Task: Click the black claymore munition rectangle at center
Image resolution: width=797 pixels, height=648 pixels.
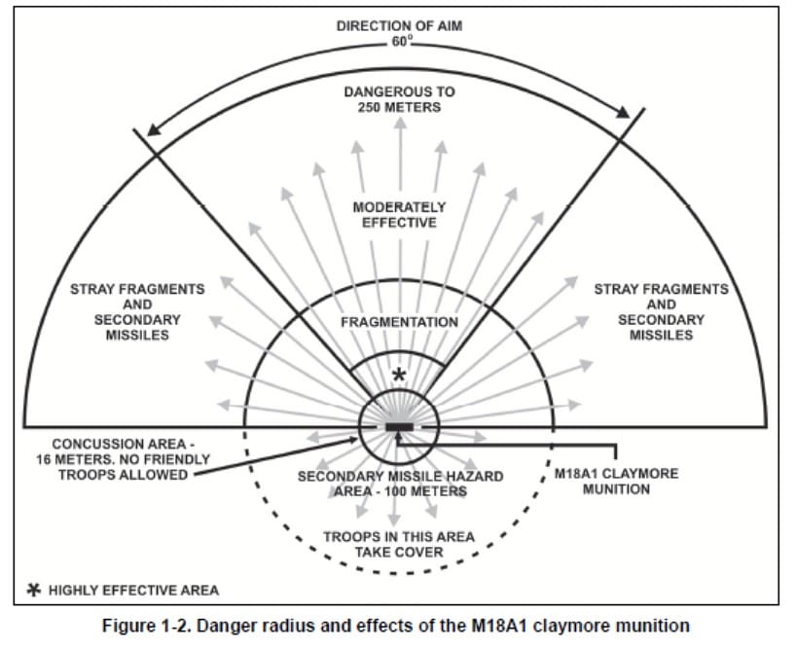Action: [399, 427]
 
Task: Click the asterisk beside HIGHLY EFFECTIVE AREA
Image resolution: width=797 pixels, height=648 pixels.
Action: [32, 590]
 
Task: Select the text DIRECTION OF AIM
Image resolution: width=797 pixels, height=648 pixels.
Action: [399, 25]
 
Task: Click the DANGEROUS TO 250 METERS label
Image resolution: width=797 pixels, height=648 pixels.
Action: [399, 98]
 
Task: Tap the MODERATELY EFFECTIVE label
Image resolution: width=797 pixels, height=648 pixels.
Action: [399, 214]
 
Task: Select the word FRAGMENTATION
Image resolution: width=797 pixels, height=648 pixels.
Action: [399, 321]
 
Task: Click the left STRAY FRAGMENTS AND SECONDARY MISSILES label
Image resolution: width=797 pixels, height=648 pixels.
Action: [137, 311]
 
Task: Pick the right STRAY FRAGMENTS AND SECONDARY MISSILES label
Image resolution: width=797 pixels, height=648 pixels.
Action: [661, 311]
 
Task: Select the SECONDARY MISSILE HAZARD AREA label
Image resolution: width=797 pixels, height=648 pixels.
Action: [400, 484]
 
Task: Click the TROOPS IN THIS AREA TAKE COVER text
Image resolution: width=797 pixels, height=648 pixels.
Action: [399, 544]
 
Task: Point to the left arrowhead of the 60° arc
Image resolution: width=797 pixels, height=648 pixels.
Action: [149, 130]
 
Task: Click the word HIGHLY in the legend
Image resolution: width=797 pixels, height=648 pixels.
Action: [77, 590]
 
